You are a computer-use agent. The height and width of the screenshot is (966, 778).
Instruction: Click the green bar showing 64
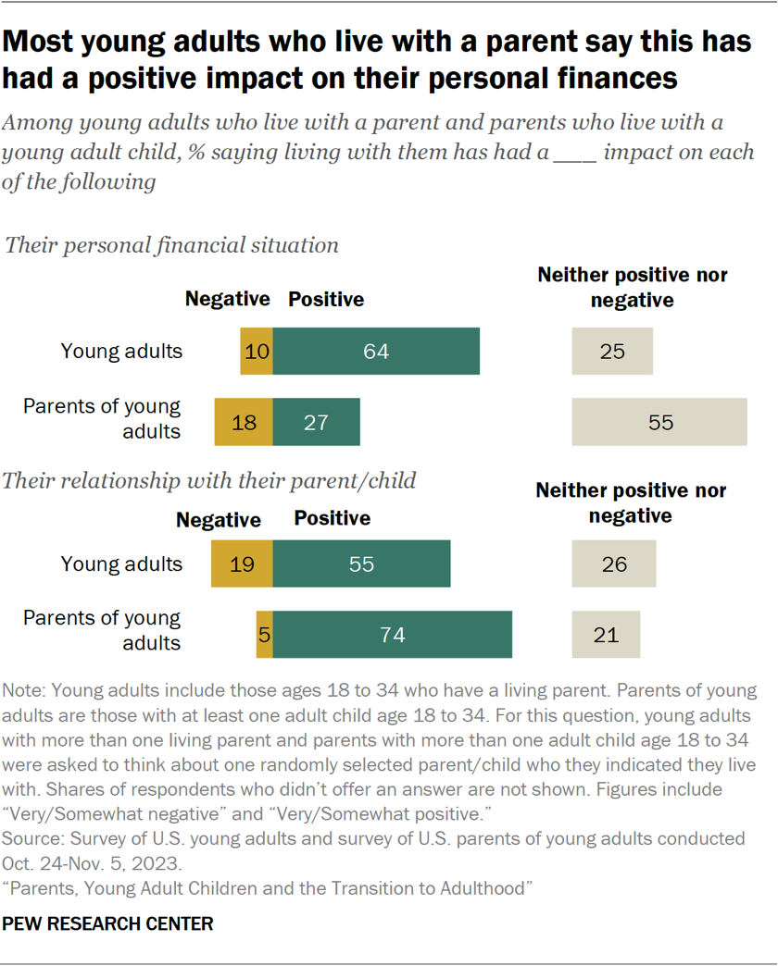[x=376, y=352]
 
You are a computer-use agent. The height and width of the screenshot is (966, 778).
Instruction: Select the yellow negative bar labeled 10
[x=257, y=352]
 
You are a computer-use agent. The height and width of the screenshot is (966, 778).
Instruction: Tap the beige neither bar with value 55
[x=659, y=422]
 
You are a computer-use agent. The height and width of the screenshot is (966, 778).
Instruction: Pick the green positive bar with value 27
[x=316, y=422]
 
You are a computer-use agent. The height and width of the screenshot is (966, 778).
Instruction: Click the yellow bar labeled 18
[x=244, y=422]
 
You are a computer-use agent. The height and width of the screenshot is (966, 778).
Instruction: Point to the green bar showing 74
[x=393, y=635]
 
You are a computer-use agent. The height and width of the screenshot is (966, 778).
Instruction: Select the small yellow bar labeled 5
[x=264, y=635]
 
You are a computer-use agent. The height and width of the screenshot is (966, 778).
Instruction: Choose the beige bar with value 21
[x=606, y=635]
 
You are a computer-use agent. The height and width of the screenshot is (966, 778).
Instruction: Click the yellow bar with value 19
[x=242, y=564]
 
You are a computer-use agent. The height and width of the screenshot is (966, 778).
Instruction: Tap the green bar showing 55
[x=361, y=564]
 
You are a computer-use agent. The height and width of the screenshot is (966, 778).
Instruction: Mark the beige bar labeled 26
[x=614, y=564]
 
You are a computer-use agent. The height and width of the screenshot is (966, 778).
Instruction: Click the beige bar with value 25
[x=612, y=352]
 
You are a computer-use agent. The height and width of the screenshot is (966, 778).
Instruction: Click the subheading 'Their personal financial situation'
[x=172, y=245]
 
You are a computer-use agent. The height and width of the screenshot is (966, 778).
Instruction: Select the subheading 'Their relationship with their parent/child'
[x=210, y=480]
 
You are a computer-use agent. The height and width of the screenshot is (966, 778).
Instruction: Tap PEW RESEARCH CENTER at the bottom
[x=108, y=923]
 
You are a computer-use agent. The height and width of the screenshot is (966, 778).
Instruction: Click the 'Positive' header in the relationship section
[x=332, y=518]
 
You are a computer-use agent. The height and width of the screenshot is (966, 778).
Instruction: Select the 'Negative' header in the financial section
[x=227, y=299]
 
